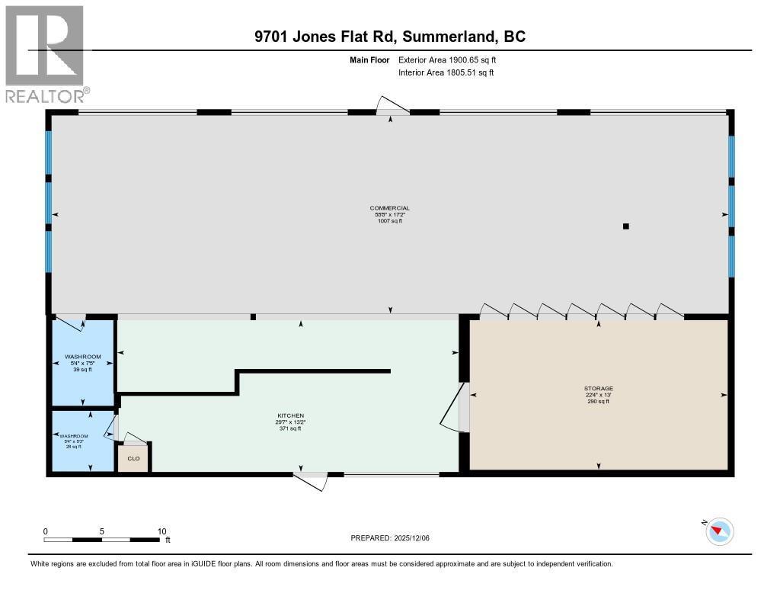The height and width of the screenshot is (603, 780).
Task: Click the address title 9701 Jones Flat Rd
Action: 389,37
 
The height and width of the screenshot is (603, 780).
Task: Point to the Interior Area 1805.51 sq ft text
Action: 446,72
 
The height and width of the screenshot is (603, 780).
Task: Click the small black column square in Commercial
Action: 625,226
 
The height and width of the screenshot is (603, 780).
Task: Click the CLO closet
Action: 133,458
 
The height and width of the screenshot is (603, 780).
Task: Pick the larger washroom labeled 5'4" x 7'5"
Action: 82,362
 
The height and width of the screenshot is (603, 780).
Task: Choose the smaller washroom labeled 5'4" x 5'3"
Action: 82,441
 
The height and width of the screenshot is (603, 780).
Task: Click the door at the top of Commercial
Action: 392,107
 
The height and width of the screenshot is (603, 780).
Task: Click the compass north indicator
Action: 718,531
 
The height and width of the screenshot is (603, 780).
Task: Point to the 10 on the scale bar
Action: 161,531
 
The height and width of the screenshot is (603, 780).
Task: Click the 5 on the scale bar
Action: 101,531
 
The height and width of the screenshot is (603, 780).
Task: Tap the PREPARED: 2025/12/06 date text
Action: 395,538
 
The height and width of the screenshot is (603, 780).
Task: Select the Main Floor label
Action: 369,59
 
